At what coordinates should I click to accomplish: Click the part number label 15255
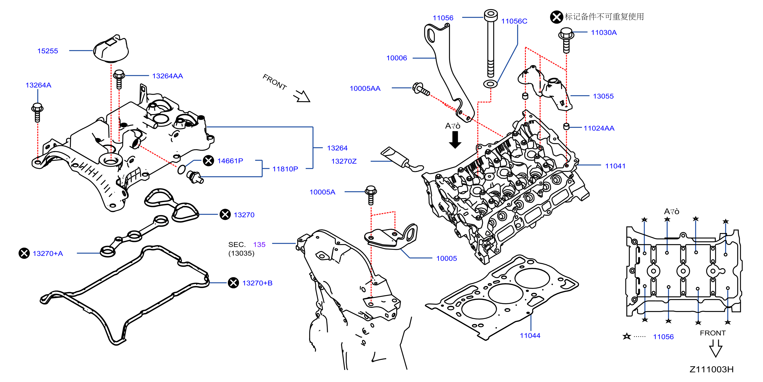47,51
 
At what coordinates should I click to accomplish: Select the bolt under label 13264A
37,112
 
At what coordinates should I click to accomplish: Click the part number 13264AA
167,76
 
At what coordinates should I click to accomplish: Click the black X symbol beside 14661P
208,161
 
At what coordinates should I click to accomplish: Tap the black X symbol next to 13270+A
24,253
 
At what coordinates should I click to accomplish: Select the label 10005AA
365,89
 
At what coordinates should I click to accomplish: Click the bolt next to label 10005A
371,195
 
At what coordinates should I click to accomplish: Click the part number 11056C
514,21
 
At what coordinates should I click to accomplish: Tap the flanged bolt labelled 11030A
566,40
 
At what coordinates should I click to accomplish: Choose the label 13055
603,96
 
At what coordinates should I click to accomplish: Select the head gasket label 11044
530,336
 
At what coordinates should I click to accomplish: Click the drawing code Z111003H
711,369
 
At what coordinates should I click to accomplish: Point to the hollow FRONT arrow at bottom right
716,349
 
